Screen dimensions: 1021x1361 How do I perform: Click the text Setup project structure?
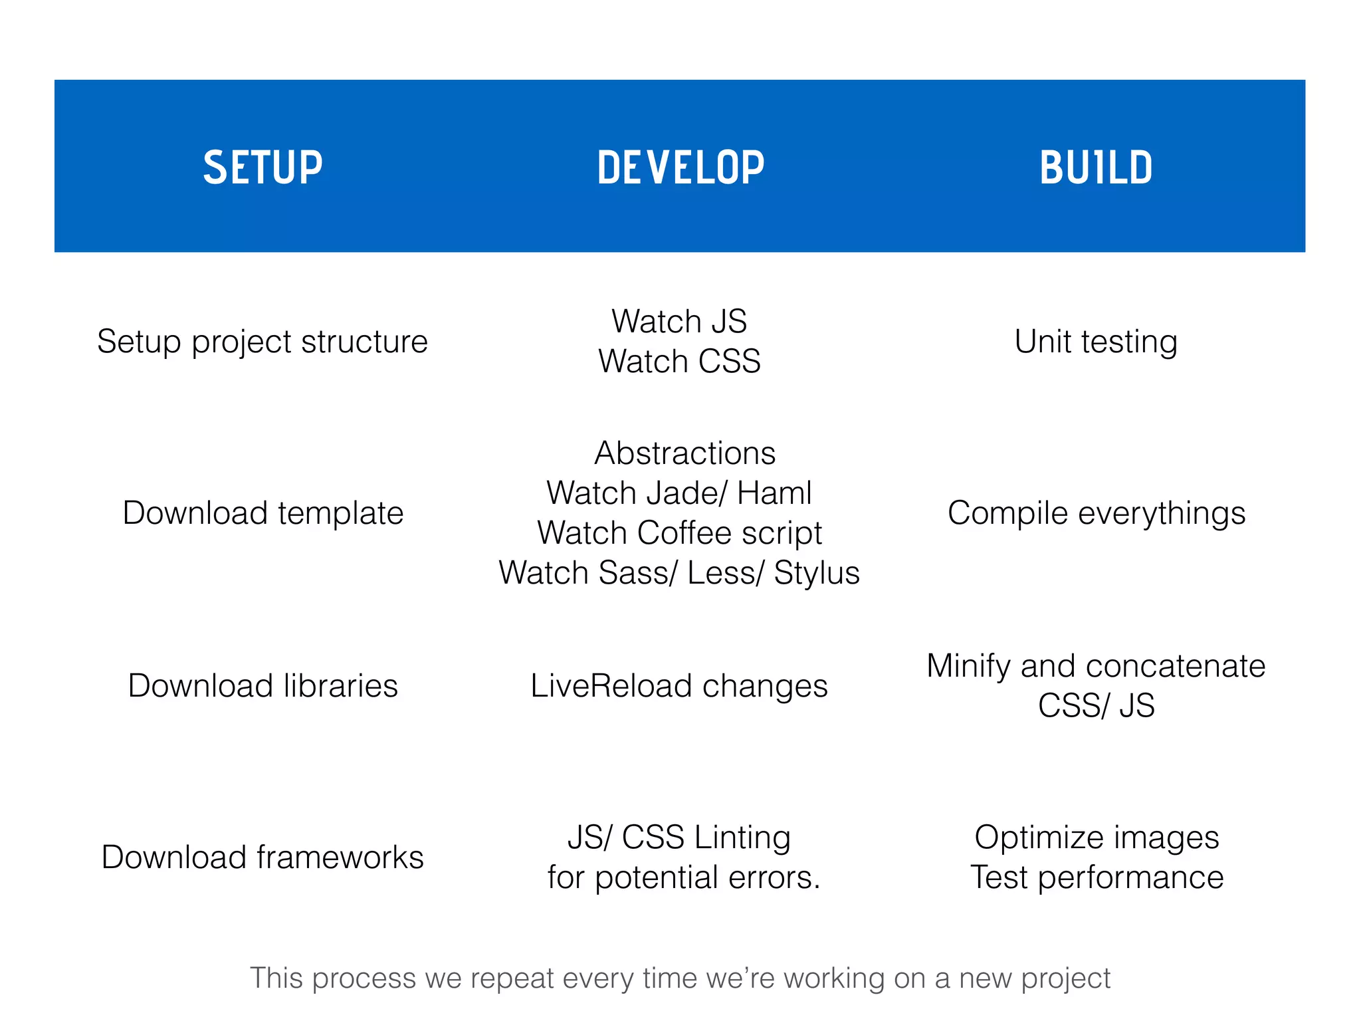tap(262, 342)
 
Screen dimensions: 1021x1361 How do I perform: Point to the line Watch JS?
tap(679, 322)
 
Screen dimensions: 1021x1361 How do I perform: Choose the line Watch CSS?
tap(679, 362)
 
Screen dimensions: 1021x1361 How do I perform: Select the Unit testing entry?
tap(1096, 342)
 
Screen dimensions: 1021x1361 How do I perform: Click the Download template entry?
tap(263, 513)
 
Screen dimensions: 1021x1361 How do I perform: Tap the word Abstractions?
tap(684, 453)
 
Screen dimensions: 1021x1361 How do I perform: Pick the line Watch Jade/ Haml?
tap(679, 493)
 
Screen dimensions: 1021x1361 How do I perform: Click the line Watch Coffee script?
tap(679, 533)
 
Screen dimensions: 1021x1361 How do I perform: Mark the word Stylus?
tap(816, 573)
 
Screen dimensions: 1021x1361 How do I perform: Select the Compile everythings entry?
tap(1097, 513)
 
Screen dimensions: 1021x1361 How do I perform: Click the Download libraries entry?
tap(262, 686)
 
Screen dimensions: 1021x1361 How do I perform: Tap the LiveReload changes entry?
tap(679, 686)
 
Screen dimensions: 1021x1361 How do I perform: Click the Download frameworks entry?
tap(262, 857)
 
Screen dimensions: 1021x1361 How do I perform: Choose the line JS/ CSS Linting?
tap(679, 838)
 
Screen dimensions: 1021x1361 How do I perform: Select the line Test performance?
tap(1097, 877)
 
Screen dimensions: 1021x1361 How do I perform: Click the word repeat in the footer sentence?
tap(512, 978)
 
